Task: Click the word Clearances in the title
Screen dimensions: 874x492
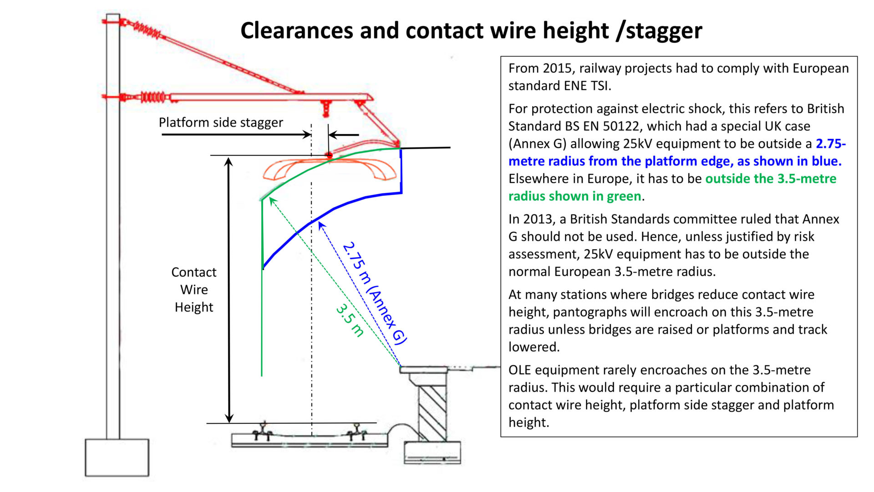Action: pos(296,31)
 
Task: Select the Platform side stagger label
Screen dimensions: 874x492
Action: pos(221,123)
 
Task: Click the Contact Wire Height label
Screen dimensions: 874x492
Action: pos(194,290)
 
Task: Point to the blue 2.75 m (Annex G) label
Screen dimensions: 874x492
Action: pos(374,293)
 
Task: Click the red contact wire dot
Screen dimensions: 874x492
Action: pos(329,155)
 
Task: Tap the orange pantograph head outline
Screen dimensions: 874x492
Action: pos(330,169)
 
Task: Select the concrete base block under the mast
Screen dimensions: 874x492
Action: pos(117,457)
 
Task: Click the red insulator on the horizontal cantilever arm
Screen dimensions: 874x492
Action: pos(153,97)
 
